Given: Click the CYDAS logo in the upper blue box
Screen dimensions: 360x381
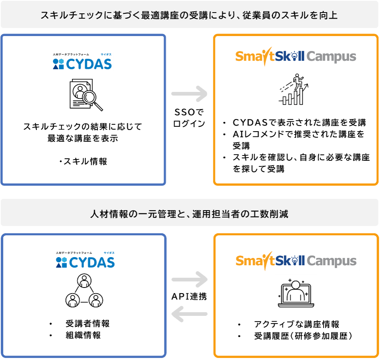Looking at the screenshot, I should coord(82,62).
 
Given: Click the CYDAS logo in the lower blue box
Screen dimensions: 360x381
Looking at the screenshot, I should coord(85,260).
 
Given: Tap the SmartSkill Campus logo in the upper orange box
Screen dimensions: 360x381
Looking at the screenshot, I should coord(296,57).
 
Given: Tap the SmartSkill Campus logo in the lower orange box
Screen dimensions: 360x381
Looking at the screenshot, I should coord(296,261).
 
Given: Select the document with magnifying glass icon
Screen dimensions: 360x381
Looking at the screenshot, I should coord(85,94).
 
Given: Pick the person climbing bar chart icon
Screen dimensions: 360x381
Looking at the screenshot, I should coord(293,89).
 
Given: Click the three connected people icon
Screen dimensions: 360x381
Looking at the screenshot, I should coord(83,290).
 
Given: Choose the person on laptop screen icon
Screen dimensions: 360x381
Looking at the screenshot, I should coord(296,294).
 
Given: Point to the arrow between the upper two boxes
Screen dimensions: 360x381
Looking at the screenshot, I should coord(189,94).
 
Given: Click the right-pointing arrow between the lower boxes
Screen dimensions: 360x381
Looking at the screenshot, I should coord(189,279).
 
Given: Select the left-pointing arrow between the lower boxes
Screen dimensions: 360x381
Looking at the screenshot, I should coord(189,313).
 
